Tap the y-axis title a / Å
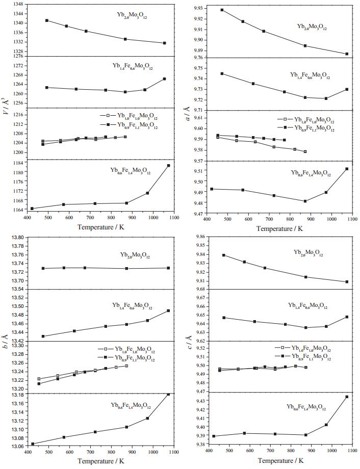pyautogui.click(x=186, y=108)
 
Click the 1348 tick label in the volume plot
pyautogui.click(x=17, y=4)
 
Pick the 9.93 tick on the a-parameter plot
pyautogui.click(x=197, y=8)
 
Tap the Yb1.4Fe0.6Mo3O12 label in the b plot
pyautogui.click(x=132, y=306)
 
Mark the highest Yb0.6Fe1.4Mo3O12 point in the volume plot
pyautogui.click(x=168, y=166)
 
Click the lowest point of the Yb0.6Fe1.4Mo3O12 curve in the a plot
pyautogui.click(x=305, y=201)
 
